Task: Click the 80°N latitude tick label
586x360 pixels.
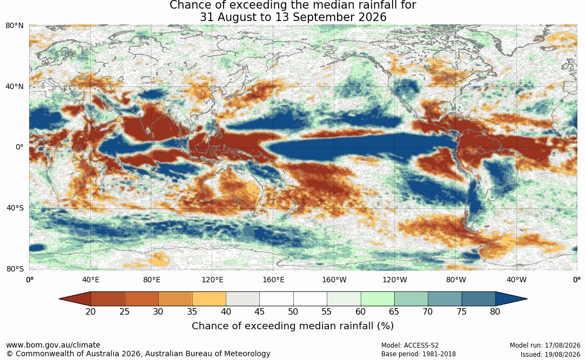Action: click(14, 26)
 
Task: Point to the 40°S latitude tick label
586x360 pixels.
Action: click(15, 208)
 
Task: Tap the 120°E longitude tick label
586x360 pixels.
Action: click(213, 280)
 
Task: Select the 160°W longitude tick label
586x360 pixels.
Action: click(334, 280)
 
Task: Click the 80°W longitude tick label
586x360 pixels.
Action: click(456, 280)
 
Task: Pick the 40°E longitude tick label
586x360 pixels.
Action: click(91, 280)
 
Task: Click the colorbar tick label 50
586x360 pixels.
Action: click(293, 311)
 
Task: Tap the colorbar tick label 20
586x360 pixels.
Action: click(90, 311)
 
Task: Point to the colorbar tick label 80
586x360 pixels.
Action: click(495, 311)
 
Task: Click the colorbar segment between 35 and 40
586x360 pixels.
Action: click(209, 299)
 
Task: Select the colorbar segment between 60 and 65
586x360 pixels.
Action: click(378, 299)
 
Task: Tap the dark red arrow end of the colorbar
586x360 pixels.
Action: click(75, 299)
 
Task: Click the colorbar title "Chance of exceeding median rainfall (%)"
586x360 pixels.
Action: click(293, 326)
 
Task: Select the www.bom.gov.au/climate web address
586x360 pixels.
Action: click(53, 345)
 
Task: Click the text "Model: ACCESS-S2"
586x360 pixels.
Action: click(410, 345)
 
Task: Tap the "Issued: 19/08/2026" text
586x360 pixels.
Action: click(550, 354)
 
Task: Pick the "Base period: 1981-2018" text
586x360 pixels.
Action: click(419, 354)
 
